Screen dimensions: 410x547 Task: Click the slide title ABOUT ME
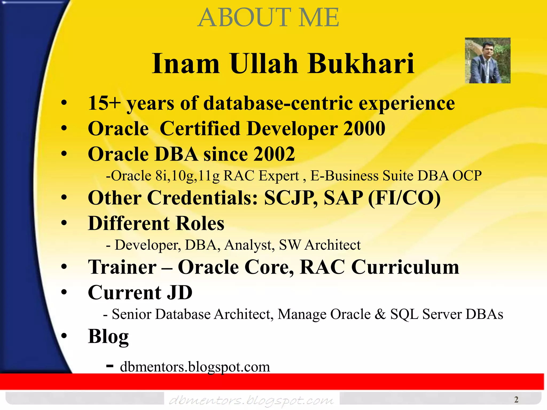click(x=268, y=18)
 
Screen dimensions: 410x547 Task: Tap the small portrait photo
click(x=487, y=60)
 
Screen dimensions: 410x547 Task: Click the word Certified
click(x=200, y=129)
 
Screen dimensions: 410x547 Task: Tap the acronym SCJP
click(x=290, y=198)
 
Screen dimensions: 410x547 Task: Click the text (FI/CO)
click(x=404, y=198)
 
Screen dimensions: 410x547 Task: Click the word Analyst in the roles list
click(x=248, y=245)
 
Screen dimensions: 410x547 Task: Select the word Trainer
click(x=122, y=267)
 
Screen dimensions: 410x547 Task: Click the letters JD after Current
click(x=179, y=293)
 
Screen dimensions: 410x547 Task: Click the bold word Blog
click(x=108, y=336)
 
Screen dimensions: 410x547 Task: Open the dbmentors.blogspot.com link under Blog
click(x=195, y=367)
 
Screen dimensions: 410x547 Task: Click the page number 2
click(x=516, y=400)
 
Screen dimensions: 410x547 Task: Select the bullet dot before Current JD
click(x=64, y=292)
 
